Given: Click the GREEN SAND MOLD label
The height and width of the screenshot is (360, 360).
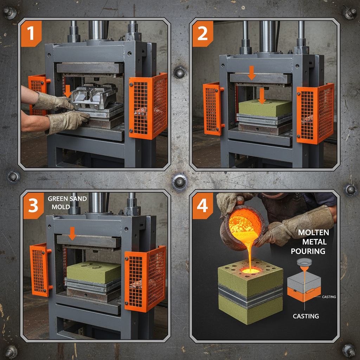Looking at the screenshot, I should pos(67,203).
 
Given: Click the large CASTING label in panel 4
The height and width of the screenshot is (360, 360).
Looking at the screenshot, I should pos(306,316).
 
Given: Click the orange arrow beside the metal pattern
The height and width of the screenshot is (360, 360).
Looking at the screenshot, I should pos(67,91).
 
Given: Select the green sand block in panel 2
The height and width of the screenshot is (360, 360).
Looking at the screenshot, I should pos(264,108).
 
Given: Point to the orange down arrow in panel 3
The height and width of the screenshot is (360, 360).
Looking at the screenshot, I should pos(72,233).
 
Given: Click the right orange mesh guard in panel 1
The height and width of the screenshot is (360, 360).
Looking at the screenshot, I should pos(148,106).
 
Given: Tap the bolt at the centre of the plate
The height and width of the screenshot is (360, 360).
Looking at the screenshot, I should pos(180,182).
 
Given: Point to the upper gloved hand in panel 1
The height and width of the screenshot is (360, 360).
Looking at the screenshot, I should pos(53,102).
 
